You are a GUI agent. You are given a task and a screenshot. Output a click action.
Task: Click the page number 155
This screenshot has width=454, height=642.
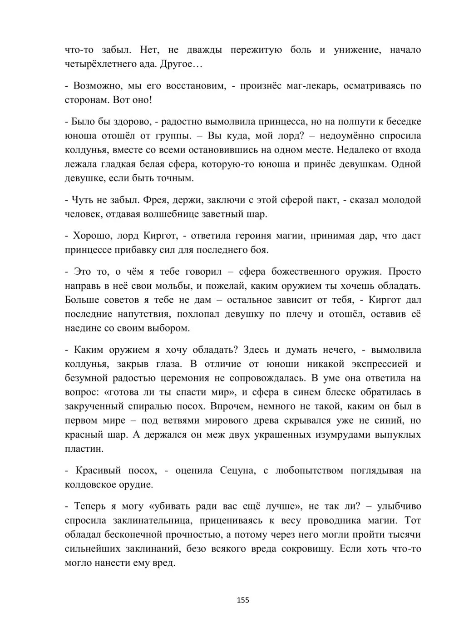243,600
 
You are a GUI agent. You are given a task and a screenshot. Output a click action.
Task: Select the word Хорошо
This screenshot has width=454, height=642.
91,236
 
